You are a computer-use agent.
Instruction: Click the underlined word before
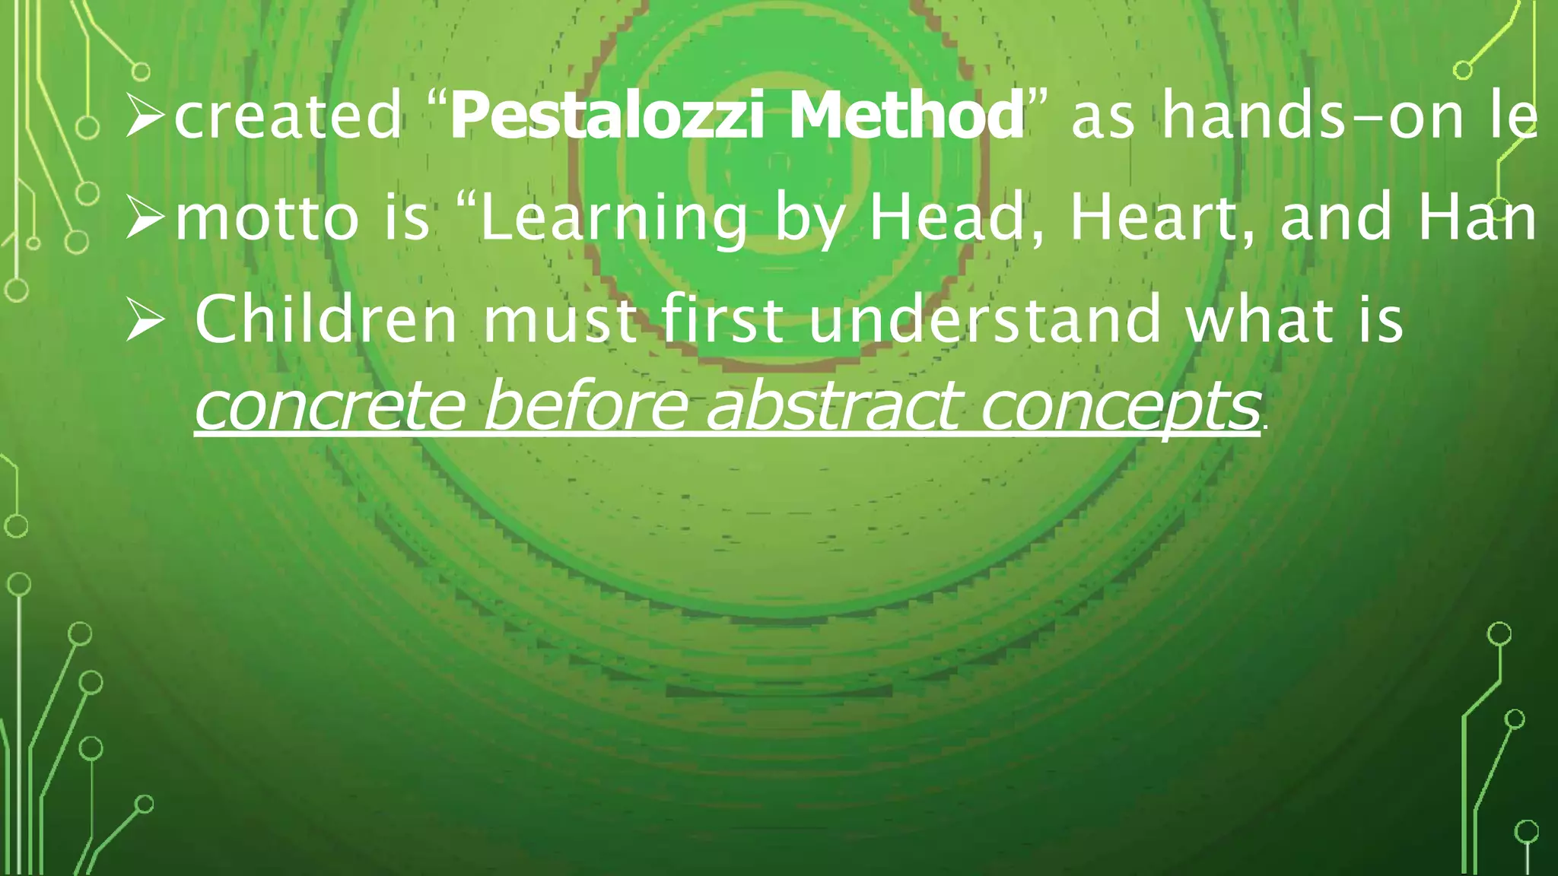586,405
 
